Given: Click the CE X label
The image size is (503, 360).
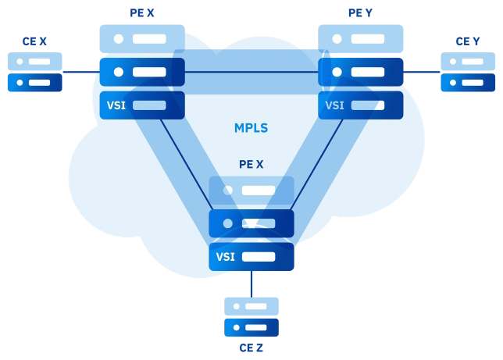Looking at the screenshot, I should [x=34, y=41].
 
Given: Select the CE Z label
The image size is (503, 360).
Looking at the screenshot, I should [x=251, y=348].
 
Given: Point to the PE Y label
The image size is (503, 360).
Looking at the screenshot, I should [x=360, y=12].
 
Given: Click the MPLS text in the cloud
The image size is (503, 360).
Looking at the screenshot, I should [x=251, y=128].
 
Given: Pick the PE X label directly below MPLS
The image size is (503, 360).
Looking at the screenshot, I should [x=251, y=165].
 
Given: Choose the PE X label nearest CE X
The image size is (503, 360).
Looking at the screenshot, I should [x=141, y=12].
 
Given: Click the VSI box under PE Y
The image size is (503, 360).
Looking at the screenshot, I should [x=360, y=105].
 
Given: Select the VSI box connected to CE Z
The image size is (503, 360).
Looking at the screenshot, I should [x=251, y=257].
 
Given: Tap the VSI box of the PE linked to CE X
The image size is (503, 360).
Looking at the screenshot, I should [x=141, y=105].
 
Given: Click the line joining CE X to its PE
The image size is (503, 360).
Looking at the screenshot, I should [x=80, y=72].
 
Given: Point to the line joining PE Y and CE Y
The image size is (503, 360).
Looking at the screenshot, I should [x=421, y=72].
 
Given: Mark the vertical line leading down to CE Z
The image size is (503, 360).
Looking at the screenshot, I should [x=251, y=283].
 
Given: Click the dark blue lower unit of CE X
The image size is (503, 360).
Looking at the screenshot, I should [x=34, y=82].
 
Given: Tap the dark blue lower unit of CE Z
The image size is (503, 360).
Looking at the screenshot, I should [x=251, y=327].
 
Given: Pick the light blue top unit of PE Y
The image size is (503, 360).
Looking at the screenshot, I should [x=360, y=38].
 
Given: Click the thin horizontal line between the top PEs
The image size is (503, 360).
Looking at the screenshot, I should [x=251, y=72].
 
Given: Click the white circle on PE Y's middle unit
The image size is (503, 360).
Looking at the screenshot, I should [x=337, y=72].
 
